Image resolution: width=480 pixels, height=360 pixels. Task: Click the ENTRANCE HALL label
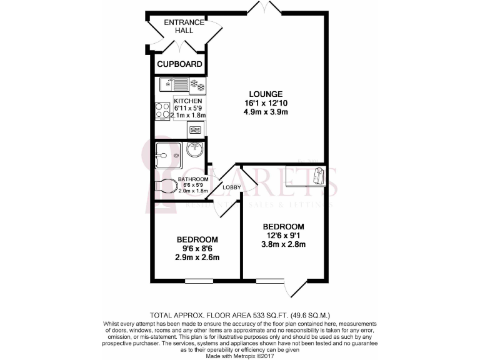[x=184, y=26]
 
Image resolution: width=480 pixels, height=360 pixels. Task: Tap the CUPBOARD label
[x=179, y=64]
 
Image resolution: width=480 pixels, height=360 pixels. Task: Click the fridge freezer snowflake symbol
[x=198, y=84]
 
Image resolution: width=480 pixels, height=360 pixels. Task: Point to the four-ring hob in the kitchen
[x=162, y=111]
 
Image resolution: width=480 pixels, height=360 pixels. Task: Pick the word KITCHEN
[x=188, y=101]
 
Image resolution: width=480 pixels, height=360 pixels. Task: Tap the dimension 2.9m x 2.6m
[x=197, y=257]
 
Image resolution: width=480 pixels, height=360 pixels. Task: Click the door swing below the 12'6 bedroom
[x=295, y=287]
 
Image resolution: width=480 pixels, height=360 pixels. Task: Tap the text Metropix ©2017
[x=258, y=356]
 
